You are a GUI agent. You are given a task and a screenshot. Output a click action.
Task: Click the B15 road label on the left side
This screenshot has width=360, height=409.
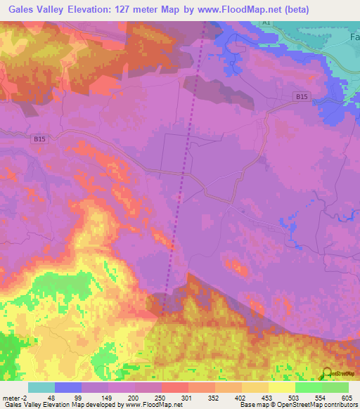[x=40, y=139]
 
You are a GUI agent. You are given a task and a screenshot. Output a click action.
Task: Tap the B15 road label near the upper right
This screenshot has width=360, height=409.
[x=302, y=96]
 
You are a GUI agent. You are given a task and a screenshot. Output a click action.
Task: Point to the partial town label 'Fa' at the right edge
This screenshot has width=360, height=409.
[x=353, y=35]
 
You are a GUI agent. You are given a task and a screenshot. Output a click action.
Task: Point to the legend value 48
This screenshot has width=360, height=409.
[x=50, y=398]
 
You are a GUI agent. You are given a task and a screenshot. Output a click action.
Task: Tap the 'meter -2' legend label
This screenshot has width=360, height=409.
[x=14, y=398]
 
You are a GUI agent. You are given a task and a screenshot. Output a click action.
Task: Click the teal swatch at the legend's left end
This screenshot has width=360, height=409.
[x=41, y=387]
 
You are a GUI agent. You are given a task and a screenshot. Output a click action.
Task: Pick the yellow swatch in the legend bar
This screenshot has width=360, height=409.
[x=281, y=387]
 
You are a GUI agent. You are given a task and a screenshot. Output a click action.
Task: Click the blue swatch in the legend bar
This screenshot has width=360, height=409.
[x=68, y=387]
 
